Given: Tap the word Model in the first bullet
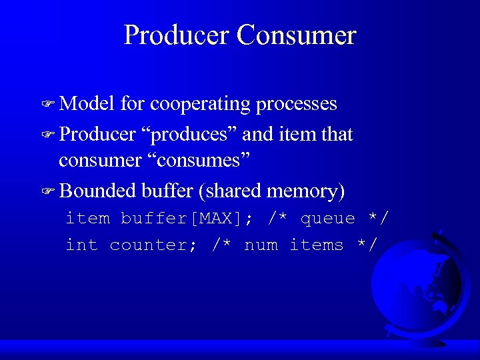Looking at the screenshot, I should (88, 104).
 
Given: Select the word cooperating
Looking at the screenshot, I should (201, 105).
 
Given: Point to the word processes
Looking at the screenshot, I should (297, 105).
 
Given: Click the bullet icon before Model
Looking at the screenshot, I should (47, 105).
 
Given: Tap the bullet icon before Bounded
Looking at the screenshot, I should (47, 192).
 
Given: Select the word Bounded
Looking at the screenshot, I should (98, 191).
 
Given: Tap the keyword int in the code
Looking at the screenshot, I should (81, 245).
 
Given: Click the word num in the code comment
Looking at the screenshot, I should (261, 245).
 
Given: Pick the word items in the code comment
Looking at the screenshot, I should (316, 245).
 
